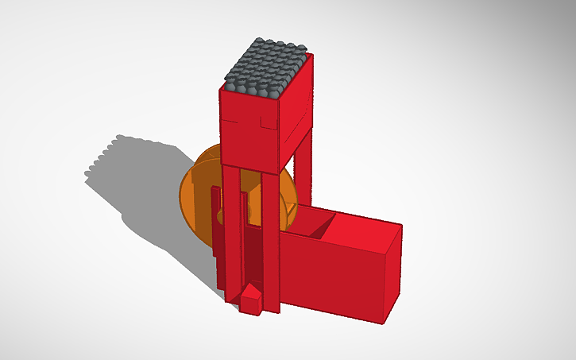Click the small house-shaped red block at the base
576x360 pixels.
click(x=252, y=300)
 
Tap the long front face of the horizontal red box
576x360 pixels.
click(x=334, y=274)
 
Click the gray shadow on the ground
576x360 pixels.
click(x=151, y=199)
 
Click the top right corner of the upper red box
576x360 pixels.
click(x=312, y=55)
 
